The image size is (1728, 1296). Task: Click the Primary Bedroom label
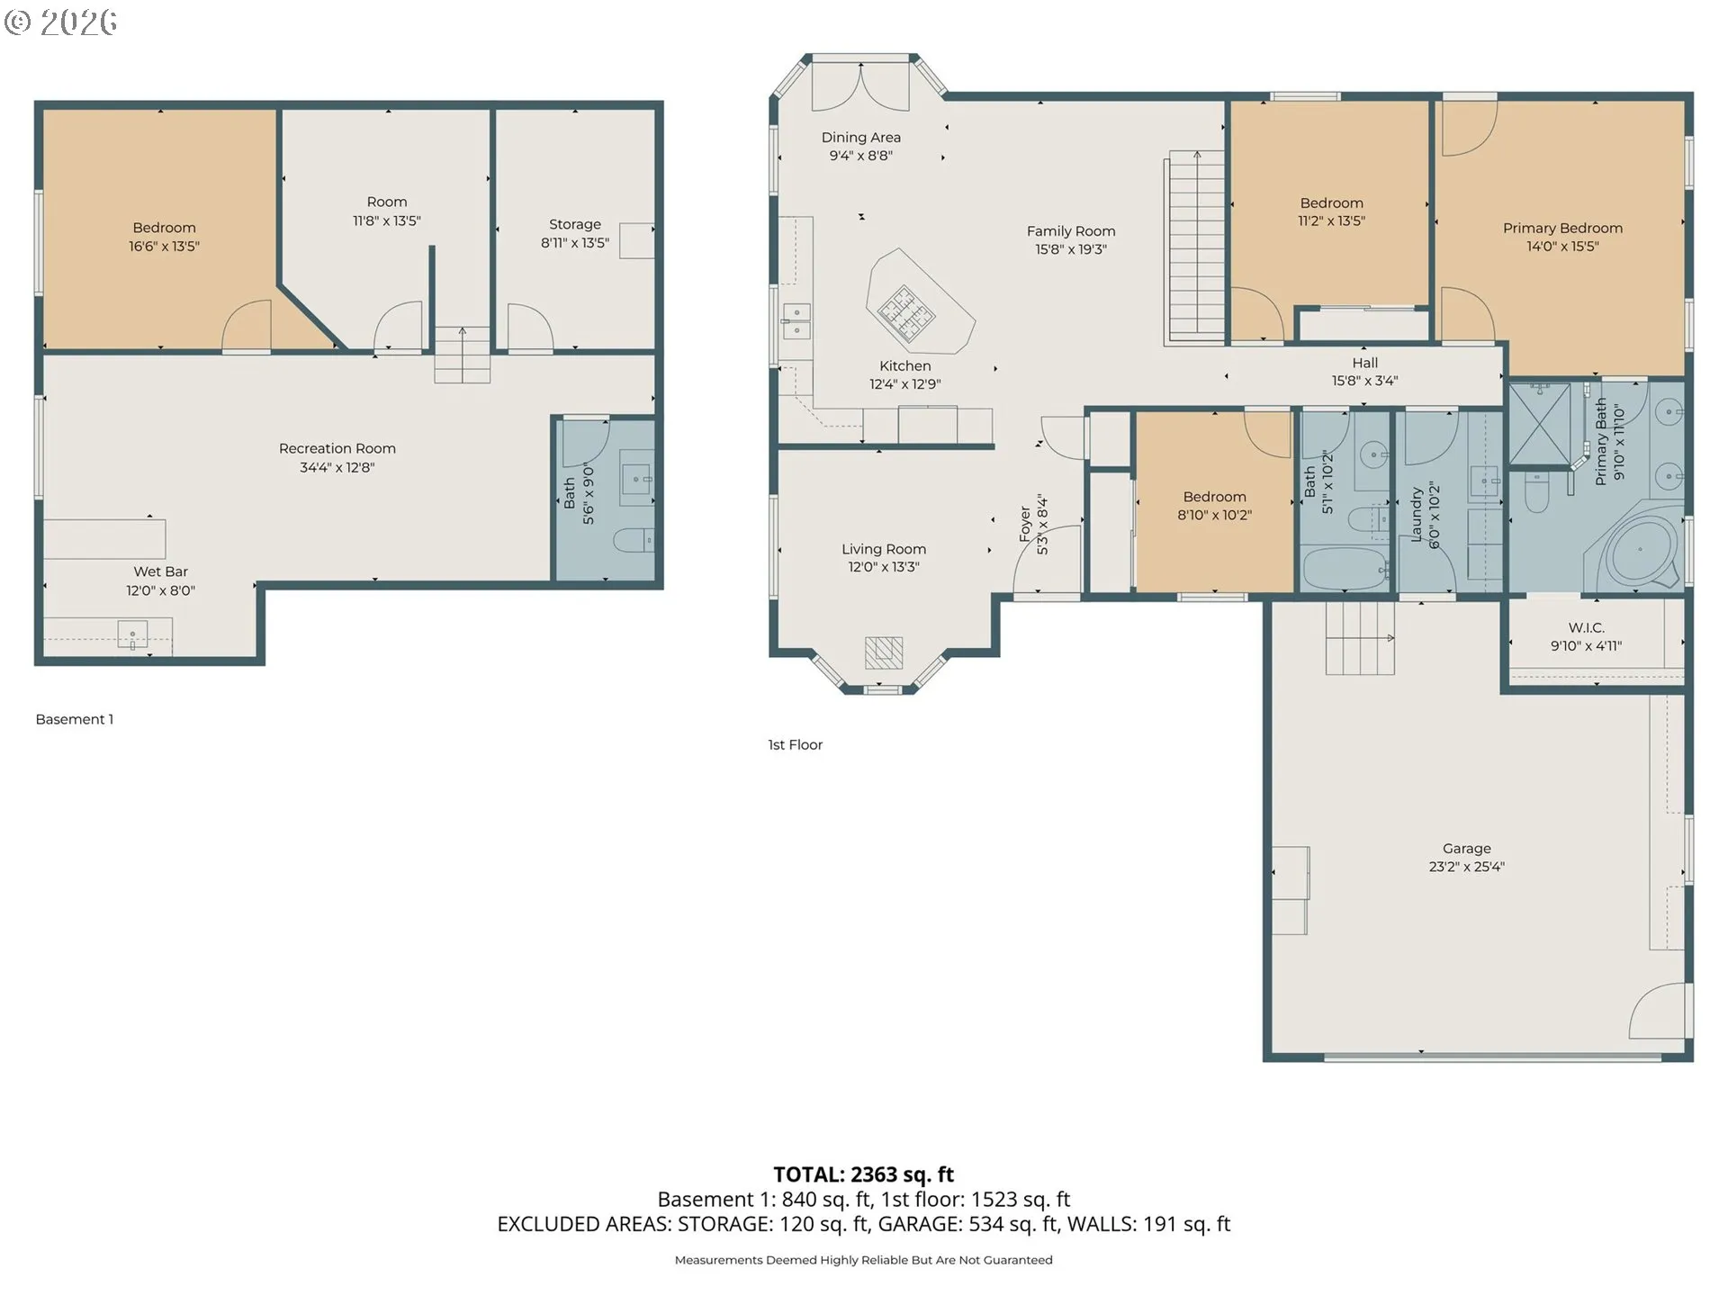1562,229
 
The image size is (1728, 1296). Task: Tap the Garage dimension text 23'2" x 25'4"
1466,867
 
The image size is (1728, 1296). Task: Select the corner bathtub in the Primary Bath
1637,550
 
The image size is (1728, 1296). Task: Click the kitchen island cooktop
906,312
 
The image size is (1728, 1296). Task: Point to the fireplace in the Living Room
884,652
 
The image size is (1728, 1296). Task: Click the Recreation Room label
337,448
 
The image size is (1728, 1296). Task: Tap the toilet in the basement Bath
633,539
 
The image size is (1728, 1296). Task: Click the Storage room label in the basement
575,224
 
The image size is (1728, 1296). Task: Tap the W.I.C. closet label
1586,627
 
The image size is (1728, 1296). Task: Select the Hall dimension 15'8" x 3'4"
1364,381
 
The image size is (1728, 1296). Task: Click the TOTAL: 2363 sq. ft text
864,1174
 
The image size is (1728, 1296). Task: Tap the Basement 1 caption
75,719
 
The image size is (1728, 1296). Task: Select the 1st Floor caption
795,744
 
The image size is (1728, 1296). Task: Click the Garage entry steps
1360,638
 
